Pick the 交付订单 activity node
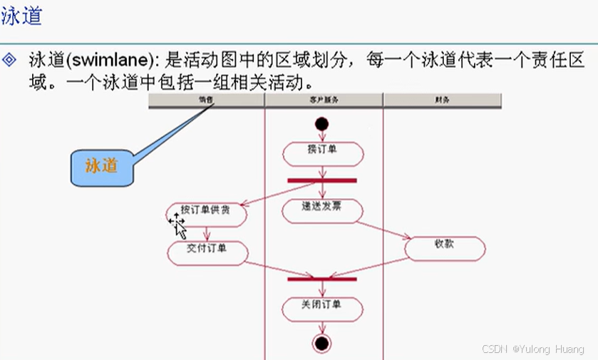pyautogui.click(x=207, y=251)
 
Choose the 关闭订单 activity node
pyautogui.click(x=322, y=307)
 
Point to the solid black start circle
pyautogui.click(x=322, y=125)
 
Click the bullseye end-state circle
pyautogui.click(x=322, y=344)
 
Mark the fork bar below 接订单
pyautogui.click(x=322, y=180)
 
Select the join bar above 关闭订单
pyautogui.click(x=322, y=279)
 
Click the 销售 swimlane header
pyautogui.click(x=207, y=101)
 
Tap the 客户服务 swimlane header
pyautogui.click(x=324, y=101)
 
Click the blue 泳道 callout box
pyautogui.click(x=102, y=167)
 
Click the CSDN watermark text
pyautogui.click(x=532, y=349)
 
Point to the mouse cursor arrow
pyautogui.click(x=179, y=229)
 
